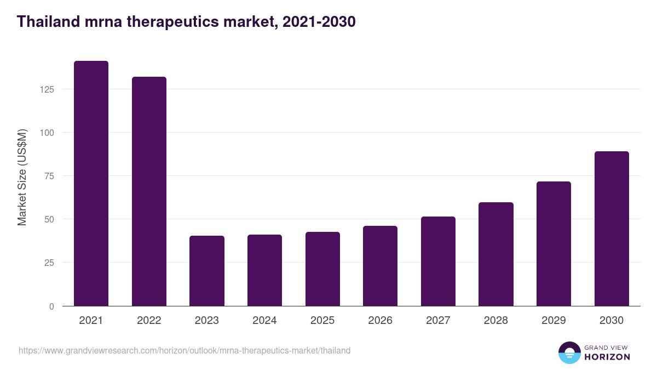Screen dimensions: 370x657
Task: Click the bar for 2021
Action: tap(91, 184)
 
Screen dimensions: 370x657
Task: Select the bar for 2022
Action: tap(149, 191)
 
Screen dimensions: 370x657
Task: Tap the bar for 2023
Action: tap(207, 271)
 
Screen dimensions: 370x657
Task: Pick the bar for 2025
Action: tap(322, 269)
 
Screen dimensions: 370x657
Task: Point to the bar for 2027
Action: tap(438, 261)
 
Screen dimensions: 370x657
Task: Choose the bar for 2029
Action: tap(554, 244)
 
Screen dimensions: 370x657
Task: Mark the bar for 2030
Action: tap(612, 229)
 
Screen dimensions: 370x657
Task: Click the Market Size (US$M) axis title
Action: tap(22, 177)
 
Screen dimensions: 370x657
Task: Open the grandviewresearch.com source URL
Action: tap(185, 350)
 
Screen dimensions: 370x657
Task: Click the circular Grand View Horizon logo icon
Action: tap(569, 352)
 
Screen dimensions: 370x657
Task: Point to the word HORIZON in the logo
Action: tap(607, 357)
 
